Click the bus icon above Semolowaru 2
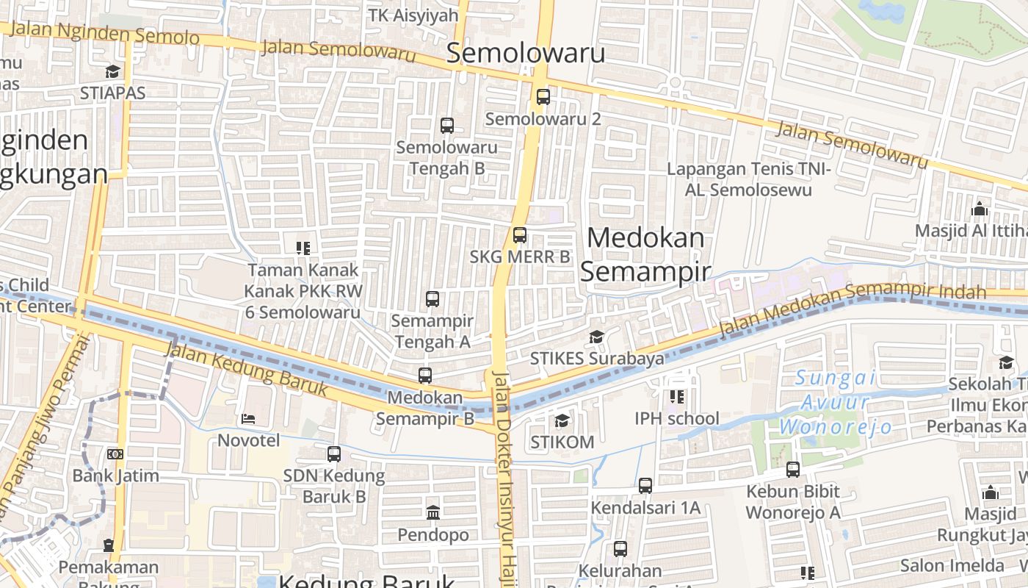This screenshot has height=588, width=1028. [543, 96]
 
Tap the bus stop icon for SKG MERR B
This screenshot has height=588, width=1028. [520, 235]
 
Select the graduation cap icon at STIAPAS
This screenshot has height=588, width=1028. [112, 71]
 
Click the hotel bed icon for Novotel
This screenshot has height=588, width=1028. [248, 419]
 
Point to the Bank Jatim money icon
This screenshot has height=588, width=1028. [115, 454]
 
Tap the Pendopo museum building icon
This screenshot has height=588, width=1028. [432, 512]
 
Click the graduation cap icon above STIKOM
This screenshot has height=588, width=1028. [562, 420]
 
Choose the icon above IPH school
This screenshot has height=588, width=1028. [676, 397]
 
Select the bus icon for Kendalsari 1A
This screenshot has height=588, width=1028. [645, 485]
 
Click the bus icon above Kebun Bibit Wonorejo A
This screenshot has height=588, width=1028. [792, 469]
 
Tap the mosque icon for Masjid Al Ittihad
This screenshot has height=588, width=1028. [979, 209]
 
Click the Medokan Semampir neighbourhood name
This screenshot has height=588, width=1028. [645, 254]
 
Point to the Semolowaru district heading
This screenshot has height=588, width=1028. [526, 53]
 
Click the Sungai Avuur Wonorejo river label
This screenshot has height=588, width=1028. [836, 402]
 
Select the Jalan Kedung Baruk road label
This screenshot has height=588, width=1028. [247, 370]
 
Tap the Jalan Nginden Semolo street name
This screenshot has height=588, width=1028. [104, 33]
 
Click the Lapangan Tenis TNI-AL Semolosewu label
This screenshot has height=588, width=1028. [748, 179]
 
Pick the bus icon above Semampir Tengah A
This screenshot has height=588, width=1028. [432, 299]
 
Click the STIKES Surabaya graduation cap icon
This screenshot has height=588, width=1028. [596, 337]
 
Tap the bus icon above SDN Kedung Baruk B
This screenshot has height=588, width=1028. [334, 453]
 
